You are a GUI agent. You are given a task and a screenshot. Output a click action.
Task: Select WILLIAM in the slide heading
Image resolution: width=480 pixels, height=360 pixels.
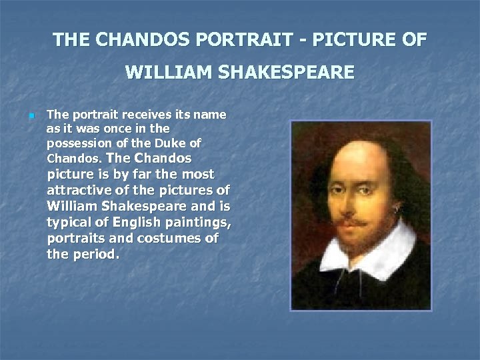point(166,71)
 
